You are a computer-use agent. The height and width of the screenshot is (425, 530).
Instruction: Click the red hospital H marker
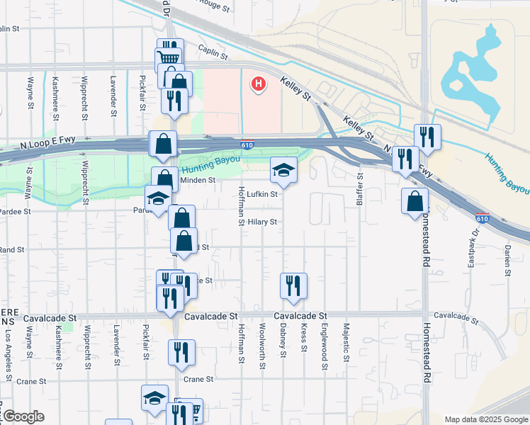[259, 85]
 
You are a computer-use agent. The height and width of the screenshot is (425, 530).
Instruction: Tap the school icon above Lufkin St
[283, 170]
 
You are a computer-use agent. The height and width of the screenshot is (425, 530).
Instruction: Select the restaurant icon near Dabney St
[293, 286]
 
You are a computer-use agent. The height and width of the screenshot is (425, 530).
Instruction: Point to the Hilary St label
[261, 222]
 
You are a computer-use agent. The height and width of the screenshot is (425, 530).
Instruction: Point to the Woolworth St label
[262, 346]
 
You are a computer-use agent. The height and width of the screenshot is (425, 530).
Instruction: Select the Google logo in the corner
[23, 416]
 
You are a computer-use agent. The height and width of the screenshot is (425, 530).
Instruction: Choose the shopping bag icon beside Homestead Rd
[415, 202]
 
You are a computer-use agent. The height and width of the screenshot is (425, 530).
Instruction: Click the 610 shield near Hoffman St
[244, 144]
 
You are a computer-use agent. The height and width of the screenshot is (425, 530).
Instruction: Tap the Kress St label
[303, 339]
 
